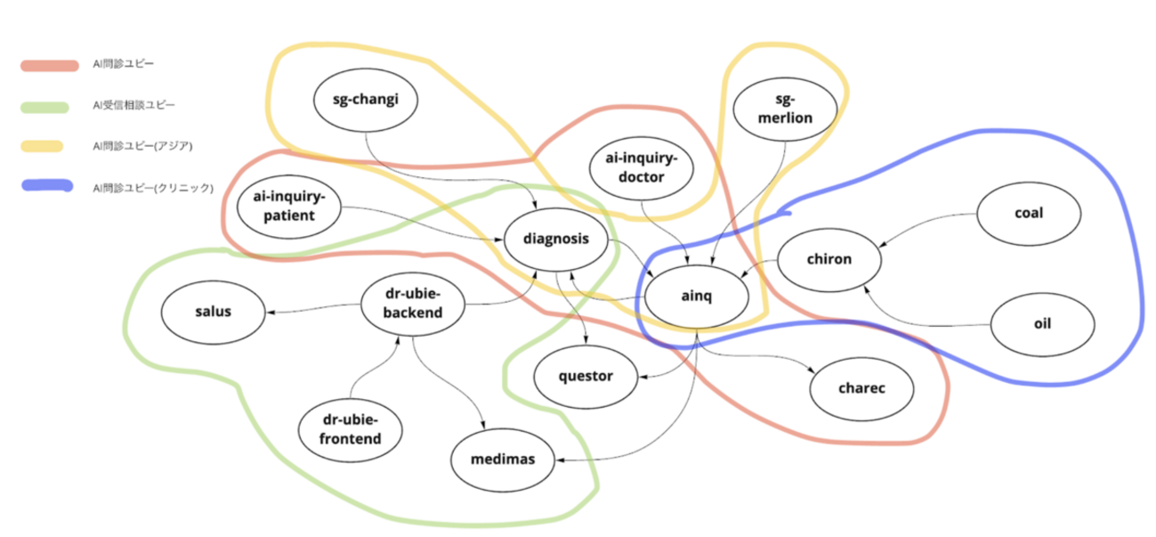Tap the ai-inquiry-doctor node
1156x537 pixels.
pyautogui.click(x=640, y=168)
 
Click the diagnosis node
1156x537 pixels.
pyautogui.click(x=556, y=240)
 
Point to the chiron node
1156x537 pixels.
pyautogui.click(x=829, y=260)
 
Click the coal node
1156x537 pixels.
pyautogui.click(x=1028, y=214)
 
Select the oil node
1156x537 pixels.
pyautogui.click(x=1042, y=323)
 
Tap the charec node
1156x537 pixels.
pyautogui.click(x=861, y=388)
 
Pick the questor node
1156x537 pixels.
pyautogui.click(x=586, y=376)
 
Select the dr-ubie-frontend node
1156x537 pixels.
pyautogui.click(x=351, y=429)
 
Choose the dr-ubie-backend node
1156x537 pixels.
pyautogui.click(x=413, y=304)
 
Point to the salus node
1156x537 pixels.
pyautogui.click(x=213, y=311)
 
